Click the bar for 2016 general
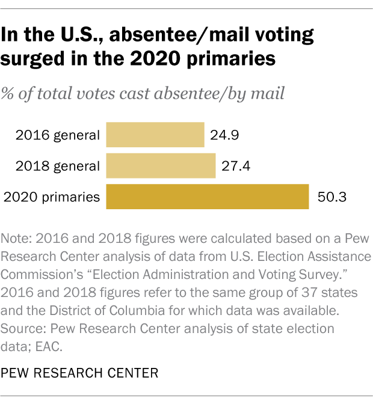coord(155,135)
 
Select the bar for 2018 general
coord(161,166)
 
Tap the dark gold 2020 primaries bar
coord(208,197)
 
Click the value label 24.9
coord(224,135)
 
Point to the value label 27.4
coord(235,166)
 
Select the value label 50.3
coord(330,197)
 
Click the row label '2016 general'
coord(58,135)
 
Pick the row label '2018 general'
coord(58,166)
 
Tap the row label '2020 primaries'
coord(52,197)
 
